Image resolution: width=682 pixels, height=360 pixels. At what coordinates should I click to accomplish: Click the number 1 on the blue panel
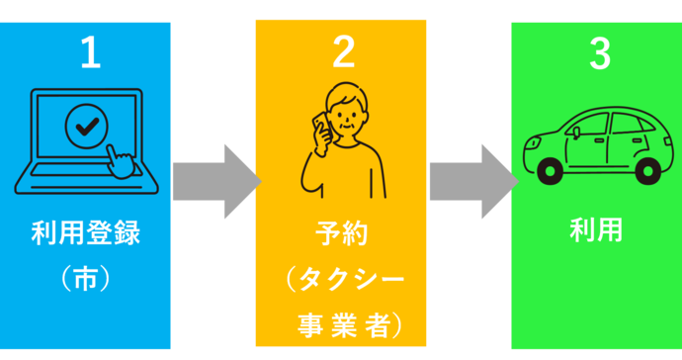click(x=90, y=53)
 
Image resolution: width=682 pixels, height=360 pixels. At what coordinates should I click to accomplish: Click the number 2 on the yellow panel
click(x=343, y=52)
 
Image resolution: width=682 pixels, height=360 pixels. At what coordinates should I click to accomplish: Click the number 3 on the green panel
click(x=599, y=53)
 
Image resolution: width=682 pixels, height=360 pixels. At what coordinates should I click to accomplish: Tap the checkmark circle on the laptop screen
click(x=86, y=126)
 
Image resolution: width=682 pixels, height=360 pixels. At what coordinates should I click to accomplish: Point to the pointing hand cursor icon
click(x=120, y=161)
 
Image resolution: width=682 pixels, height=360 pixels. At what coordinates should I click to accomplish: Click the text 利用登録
click(x=85, y=234)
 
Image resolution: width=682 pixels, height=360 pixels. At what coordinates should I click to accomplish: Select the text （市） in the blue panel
click(x=85, y=279)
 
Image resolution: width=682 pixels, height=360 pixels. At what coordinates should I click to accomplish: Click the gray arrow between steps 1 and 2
click(x=213, y=181)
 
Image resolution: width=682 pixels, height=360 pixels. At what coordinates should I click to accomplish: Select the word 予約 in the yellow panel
click(x=341, y=236)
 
